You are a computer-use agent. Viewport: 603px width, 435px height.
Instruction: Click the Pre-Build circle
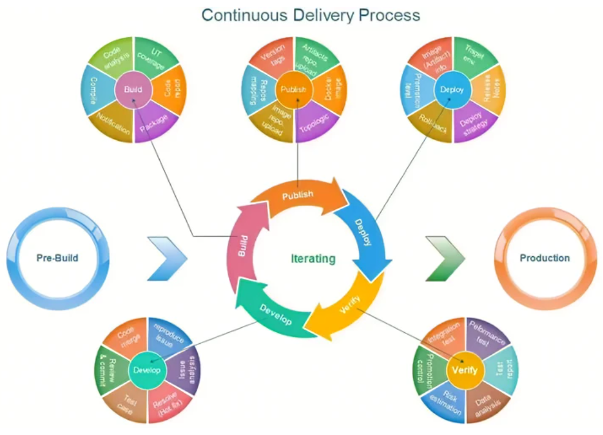tap(57, 258)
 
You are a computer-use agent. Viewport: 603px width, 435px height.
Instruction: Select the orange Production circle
tap(544, 258)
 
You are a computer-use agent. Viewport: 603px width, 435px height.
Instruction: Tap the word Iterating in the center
tap(313, 258)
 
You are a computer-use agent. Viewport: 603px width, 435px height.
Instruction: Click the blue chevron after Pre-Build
tap(167, 258)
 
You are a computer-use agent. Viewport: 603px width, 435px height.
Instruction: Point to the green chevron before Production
tap(443, 258)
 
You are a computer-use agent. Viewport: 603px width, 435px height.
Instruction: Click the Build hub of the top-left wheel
tap(133, 90)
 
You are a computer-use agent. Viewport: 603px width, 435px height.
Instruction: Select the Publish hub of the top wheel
tap(293, 90)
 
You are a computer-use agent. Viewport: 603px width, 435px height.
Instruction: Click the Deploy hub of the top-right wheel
tap(453, 90)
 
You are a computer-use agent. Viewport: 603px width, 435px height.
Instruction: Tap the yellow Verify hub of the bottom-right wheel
tap(466, 371)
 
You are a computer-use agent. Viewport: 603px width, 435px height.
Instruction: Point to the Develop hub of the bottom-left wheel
tap(147, 371)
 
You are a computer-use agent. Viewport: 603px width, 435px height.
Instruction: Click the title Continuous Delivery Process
tap(311, 15)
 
